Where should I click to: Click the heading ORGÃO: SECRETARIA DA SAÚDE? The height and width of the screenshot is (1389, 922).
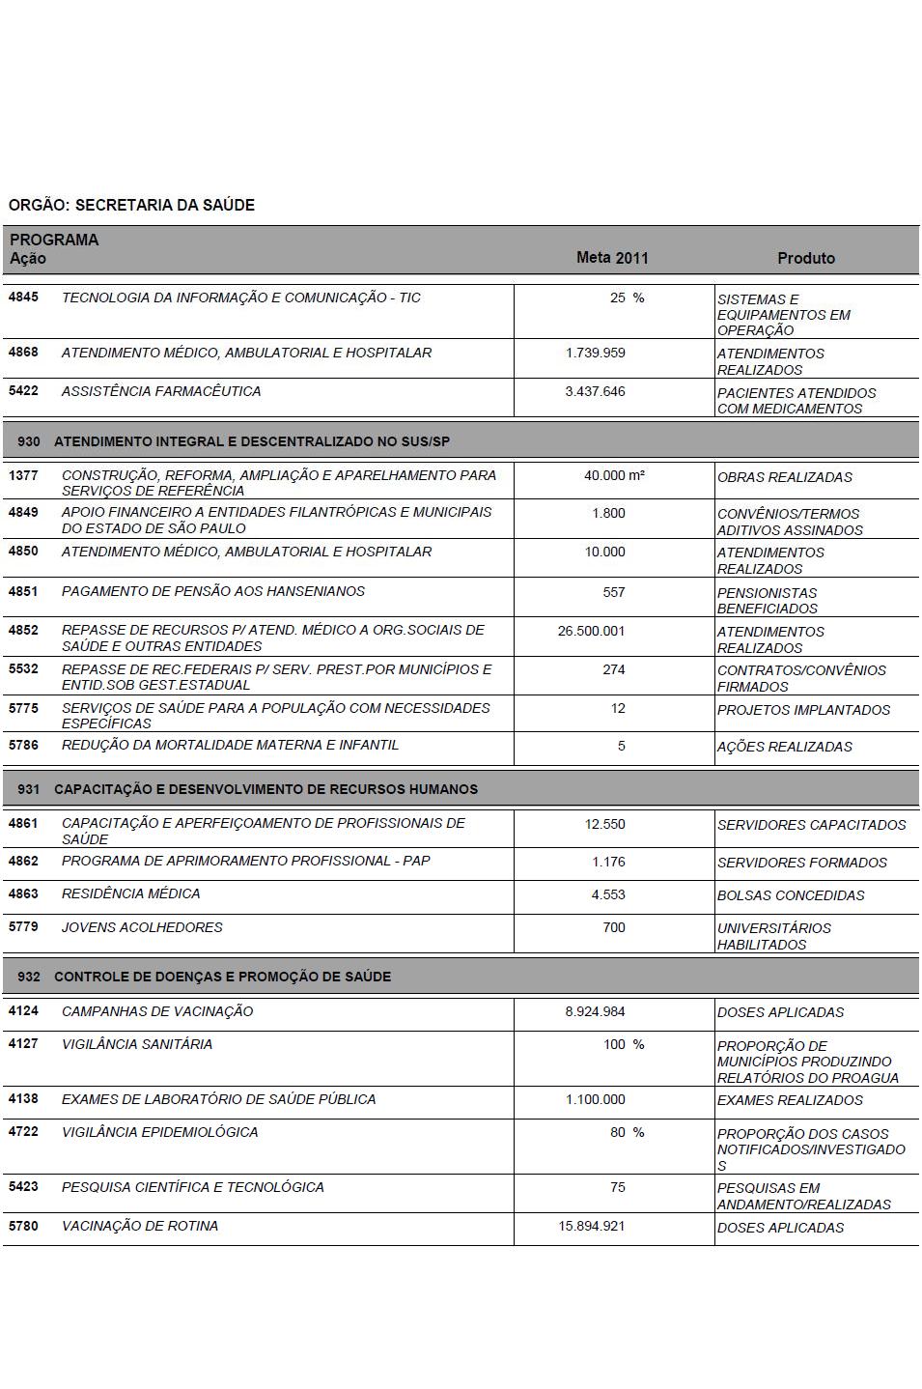(x=131, y=205)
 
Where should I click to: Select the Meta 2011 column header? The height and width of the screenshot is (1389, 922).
(x=612, y=258)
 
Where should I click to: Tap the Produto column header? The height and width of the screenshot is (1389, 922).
(x=806, y=258)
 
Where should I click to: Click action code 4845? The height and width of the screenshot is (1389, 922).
(x=23, y=298)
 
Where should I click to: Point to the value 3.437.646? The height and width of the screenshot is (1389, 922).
(x=595, y=391)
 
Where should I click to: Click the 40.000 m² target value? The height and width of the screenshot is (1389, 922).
(x=614, y=475)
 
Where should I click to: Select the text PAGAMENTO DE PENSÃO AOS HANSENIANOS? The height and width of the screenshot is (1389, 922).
(x=213, y=591)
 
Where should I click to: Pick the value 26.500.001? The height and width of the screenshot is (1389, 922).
(x=591, y=631)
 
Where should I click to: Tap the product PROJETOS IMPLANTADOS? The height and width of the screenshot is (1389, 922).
(x=803, y=710)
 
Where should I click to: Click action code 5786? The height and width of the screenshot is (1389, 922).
(x=23, y=745)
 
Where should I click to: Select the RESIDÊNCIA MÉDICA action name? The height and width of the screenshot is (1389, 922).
(x=131, y=893)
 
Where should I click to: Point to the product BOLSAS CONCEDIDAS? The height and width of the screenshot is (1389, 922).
(x=791, y=895)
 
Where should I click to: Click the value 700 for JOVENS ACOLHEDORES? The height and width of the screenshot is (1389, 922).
(x=613, y=927)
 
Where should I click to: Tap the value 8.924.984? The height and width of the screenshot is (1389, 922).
(x=595, y=1011)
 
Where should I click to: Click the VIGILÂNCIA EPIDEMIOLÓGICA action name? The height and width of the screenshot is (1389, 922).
(x=160, y=1132)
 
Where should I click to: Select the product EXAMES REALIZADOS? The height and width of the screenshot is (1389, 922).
(x=790, y=1100)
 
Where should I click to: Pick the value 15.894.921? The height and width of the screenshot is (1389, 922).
(x=591, y=1226)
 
